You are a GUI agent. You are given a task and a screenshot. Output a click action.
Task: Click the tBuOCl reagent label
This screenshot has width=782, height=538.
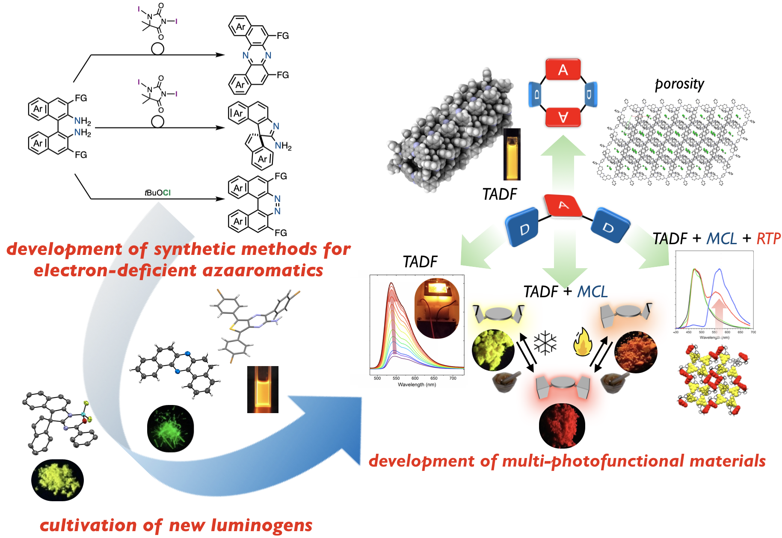(x=157, y=193)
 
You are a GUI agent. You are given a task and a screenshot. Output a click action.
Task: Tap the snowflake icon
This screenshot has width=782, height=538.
(x=545, y=343)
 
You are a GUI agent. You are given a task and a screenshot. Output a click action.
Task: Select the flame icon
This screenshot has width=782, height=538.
(x=583, y=342)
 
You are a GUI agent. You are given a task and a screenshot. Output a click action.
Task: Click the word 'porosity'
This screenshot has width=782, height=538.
(x=679, y=84)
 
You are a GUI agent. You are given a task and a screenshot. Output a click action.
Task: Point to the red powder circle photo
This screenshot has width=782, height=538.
(x=562, y=426)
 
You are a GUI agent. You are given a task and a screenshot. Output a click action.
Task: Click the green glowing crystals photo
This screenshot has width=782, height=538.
(x=170, y=429)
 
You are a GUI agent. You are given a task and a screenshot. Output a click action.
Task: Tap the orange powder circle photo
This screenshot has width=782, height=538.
(x=636, y=352)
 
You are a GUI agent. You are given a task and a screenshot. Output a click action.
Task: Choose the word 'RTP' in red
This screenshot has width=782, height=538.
(x=768, y=239)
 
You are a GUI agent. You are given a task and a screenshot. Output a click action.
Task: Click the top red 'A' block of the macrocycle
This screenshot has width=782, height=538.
(x=563, y=70)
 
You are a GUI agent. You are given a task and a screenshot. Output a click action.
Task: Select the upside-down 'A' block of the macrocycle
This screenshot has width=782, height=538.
(x=563, y=117)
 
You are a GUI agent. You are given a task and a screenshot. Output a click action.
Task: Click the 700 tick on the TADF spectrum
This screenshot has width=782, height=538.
(x=453, y=378)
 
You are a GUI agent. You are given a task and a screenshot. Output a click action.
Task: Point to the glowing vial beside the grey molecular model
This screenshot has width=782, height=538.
(x=512, y=154)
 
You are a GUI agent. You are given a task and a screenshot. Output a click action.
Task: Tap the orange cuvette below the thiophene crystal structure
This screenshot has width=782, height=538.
(x=263, y=389)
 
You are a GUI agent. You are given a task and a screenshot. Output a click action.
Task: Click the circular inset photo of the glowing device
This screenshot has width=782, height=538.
(x=437, y=308)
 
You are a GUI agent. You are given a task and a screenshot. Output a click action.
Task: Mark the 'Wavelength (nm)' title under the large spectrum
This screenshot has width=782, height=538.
(x=417, y=384)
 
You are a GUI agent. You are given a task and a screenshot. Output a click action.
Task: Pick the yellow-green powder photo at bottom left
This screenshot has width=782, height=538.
(x=57, y=480)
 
